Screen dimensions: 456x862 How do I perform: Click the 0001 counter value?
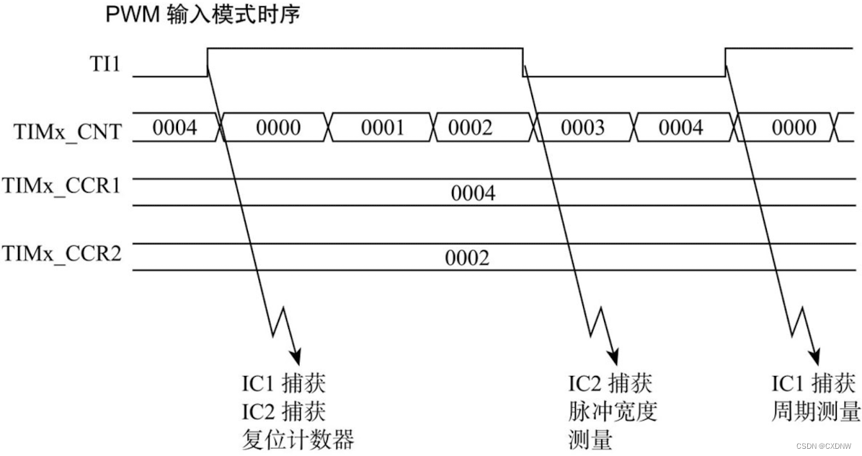[383, 128]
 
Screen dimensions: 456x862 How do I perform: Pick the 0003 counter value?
[582, 128]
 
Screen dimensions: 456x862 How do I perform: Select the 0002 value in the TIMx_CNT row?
[470, 128]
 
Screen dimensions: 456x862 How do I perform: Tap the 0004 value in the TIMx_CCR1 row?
[473, 193]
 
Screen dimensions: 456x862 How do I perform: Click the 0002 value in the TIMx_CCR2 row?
[467, 258]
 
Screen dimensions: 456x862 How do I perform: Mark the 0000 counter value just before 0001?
[278, 128]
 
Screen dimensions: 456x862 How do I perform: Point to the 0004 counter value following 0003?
[680, 128]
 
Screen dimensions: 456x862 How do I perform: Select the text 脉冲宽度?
[613, 412]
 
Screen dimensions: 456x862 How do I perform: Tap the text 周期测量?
[816, 412]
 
